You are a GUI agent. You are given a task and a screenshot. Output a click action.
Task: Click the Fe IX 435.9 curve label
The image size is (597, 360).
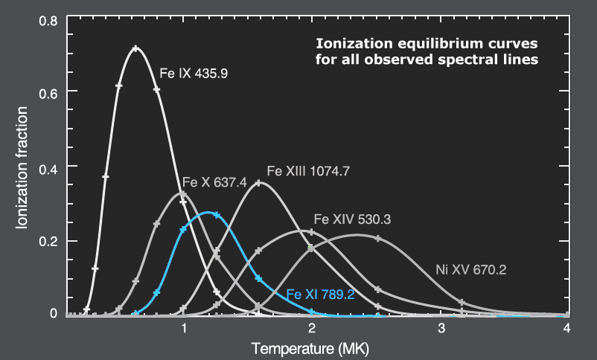194,74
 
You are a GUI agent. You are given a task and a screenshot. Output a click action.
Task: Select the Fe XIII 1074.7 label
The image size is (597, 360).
307,170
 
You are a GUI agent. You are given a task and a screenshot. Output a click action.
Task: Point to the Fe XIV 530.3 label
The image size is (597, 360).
353,219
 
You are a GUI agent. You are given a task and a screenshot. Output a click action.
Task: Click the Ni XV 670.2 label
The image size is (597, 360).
470,270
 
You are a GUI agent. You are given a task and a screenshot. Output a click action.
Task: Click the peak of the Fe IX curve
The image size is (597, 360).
135,48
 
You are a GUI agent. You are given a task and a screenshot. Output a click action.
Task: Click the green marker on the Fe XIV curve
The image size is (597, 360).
310,248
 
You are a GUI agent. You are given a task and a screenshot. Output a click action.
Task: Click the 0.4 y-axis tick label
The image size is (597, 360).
49,166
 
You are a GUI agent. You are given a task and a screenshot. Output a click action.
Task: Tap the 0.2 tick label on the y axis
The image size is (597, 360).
49,241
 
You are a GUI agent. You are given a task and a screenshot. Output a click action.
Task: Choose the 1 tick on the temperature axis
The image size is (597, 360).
184,328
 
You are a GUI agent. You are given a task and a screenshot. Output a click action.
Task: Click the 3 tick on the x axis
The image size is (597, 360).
441,328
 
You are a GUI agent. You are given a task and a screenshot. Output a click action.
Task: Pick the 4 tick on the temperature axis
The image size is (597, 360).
567,328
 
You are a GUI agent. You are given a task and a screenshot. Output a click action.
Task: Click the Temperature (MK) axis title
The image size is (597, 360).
310,348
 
